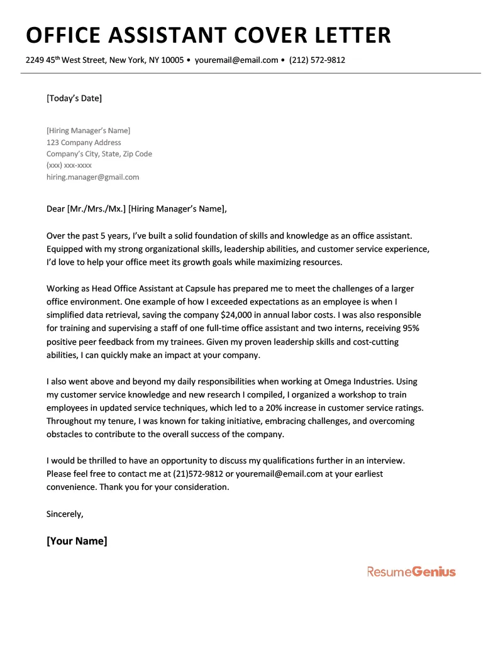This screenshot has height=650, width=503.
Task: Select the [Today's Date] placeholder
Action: point(74,98)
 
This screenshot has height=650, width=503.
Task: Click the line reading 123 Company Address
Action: point(84,143)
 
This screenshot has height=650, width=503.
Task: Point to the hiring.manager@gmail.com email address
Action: point(92,177)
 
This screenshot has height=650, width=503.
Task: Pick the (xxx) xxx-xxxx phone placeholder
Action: point(69,166)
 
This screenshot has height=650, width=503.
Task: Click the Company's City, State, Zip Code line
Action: point(99,154)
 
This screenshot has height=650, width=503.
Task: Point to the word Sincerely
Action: point(65,514)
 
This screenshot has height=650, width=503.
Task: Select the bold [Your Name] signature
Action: point(77,541)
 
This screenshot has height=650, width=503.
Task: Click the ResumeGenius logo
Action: point(411,571)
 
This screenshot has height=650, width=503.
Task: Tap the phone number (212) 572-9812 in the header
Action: point(317,60)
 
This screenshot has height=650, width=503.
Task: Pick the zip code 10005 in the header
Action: point(172,60)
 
